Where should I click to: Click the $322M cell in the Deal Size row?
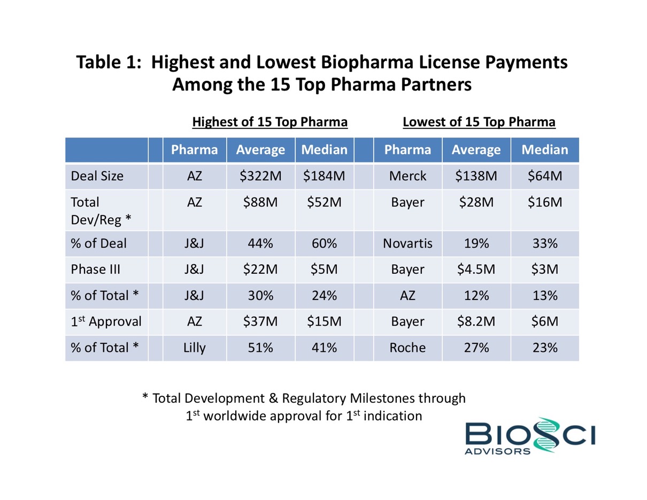[x=260, y=176]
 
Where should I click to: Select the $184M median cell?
[x=324, y=176]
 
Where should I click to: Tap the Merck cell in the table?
[x=407, y=176]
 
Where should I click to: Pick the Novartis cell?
[x=407, y=244]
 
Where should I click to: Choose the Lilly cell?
[x=194, y=348]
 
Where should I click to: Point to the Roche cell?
[x=407, y=348]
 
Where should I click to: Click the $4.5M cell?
[x=476, y=270]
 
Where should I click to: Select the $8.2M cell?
[x=476, y=321]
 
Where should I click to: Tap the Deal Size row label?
[x=97, y=176]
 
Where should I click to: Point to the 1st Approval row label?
[x=106, y=321]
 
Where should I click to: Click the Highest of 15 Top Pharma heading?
[x=270, y=122]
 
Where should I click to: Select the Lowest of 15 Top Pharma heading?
[x=479, y=122]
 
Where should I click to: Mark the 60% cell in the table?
[x=324, y=244]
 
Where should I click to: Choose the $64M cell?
[x=544, y=176]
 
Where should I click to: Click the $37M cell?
[x=260, y=321]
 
